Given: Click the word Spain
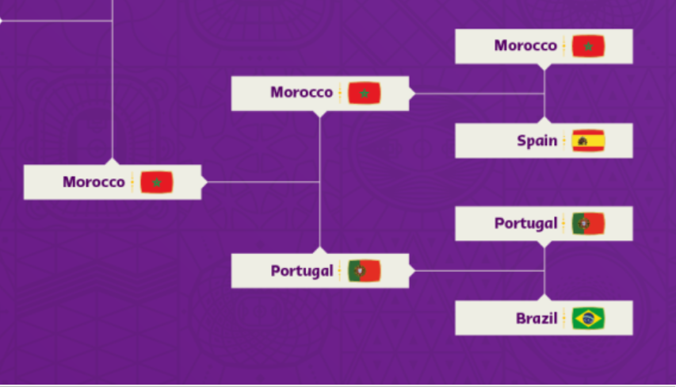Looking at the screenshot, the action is [537, 140].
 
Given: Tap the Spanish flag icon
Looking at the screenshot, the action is [589, 140].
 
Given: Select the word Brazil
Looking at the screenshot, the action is [537, 318].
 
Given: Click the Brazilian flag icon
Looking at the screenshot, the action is [589, 318].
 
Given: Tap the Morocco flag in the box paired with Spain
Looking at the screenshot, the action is [589, 46].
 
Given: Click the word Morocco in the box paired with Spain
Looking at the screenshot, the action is [525, 46].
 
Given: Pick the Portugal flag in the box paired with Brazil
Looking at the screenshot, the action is [589, 224].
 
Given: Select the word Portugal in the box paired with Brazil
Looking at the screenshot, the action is [526, 224].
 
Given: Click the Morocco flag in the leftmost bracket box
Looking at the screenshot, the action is [156, 182].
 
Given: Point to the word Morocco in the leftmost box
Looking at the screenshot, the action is [94, 182].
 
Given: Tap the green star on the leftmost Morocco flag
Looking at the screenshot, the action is [157, 182].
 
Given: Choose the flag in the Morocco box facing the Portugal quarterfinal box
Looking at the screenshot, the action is [365, 94].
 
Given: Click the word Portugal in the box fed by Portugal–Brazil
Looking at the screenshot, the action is [302, 271].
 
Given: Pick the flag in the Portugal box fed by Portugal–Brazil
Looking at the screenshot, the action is [365, 271].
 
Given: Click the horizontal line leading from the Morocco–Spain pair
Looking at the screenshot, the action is [479, 94].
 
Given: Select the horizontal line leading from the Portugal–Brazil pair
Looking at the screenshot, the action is [479, 271].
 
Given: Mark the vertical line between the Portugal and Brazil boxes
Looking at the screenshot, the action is [544, 271].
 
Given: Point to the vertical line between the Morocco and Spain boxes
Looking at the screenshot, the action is [544, 94].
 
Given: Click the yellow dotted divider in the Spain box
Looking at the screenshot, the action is [564, 140].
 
